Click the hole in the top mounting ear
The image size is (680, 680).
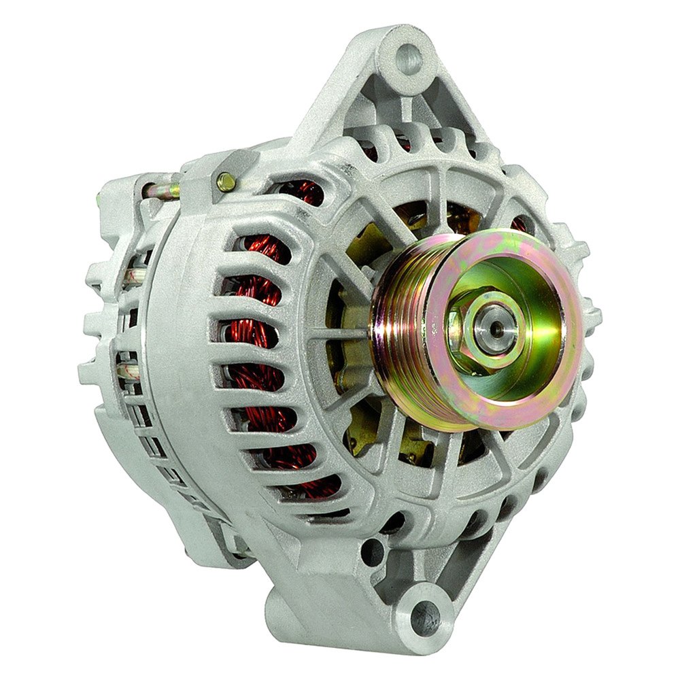click(408, 59)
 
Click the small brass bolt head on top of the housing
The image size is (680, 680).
click(226, 181)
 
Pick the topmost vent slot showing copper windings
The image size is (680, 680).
click(299, 192)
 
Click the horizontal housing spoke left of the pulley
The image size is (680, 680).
click(340, 333)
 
